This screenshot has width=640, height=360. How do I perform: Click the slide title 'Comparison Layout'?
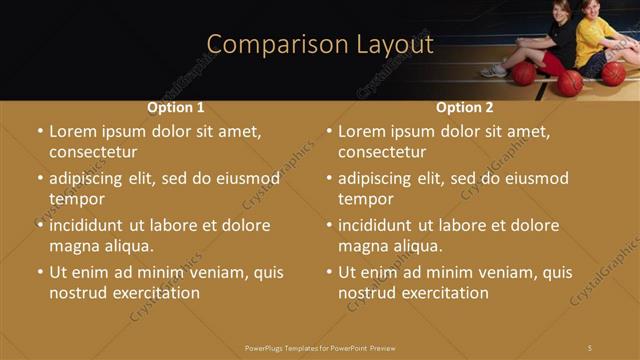click(320, 44)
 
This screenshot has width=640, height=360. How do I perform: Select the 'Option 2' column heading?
click(465, 107)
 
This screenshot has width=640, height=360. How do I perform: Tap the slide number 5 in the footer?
click(590, 347)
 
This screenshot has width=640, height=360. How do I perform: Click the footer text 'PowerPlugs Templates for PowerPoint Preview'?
click(320, 347)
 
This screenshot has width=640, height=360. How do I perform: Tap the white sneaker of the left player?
click(494, 71)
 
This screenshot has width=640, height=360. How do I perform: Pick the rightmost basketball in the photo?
click(613, 73)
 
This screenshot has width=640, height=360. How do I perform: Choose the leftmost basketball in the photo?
click(524, 74)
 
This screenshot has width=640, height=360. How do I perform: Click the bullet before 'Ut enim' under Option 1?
click(40, 272)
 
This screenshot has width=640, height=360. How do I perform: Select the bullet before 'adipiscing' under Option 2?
click(329, 179)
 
